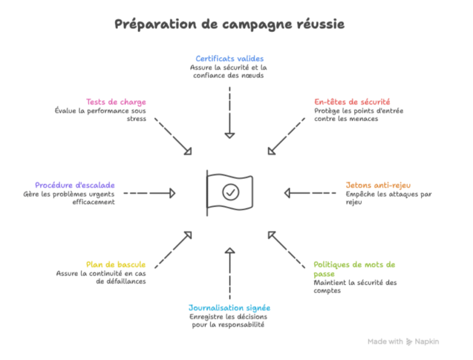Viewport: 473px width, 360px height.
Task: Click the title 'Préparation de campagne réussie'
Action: coord(229,24)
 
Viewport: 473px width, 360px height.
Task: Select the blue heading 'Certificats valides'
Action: coord(229,59)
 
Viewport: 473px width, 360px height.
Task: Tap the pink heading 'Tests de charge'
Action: coord(116,102)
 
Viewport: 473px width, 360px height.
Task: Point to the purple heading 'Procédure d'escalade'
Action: coord(75,185)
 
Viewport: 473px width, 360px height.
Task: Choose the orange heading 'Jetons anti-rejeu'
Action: coord(378,185)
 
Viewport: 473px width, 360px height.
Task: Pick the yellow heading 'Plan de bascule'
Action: coord(116,265)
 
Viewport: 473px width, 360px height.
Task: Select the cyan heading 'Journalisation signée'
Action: coord(229,308)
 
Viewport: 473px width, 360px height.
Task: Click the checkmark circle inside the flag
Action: coord(230,191)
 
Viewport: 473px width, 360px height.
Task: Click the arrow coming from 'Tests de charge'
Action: coord(173,136)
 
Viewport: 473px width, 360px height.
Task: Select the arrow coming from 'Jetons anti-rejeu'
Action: coord(310,193)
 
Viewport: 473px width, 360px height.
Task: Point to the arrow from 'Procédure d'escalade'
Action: coord(149,193)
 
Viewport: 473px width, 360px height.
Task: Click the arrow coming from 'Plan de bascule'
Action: coord(173,250)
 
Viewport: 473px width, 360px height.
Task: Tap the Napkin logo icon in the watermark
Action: coord(409,342)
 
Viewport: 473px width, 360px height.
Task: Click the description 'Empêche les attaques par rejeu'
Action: coord(388,198)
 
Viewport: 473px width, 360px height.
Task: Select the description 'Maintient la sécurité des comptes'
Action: coord(355,287)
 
